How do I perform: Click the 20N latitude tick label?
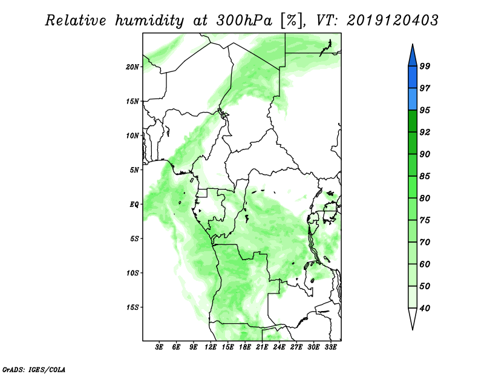[132, 67]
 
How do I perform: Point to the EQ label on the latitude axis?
[134, 205]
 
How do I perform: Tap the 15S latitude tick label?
[132, 307]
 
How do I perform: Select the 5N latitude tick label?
[134, 170]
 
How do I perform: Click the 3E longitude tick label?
[159, 347]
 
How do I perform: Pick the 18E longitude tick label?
[245, 347]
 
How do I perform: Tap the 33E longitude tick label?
[330, 347]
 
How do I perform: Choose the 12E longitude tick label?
[211, 347]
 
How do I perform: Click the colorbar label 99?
[425, 66]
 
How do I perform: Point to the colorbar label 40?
[425, 308]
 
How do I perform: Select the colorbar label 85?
[425, 176]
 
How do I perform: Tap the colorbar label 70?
[425, 242]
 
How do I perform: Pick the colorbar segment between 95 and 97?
[413, 99]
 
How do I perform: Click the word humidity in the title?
[149, 21]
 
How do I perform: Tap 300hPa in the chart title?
[244, 21]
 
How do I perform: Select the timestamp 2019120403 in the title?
[392, 21]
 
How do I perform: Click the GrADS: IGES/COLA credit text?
[34, 369]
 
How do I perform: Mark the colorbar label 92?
[425, 132]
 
